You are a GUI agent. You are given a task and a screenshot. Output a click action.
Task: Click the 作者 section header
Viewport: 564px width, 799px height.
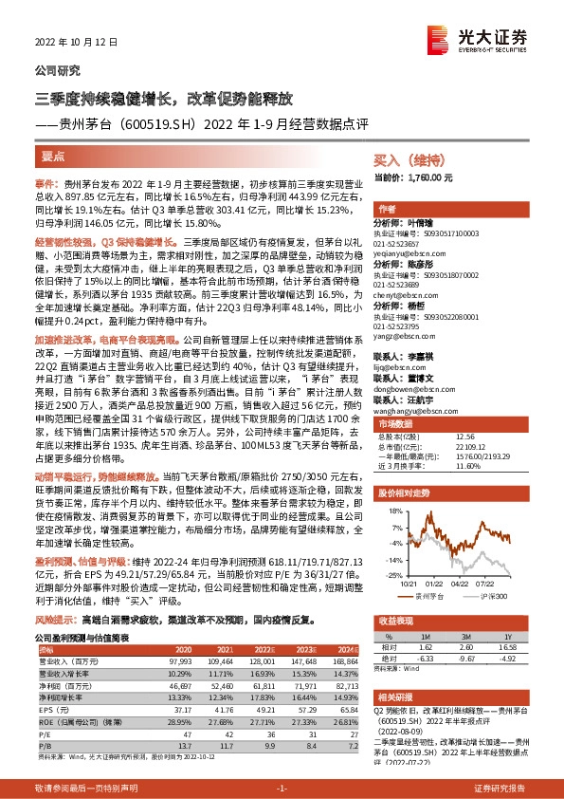pos(387,209)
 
